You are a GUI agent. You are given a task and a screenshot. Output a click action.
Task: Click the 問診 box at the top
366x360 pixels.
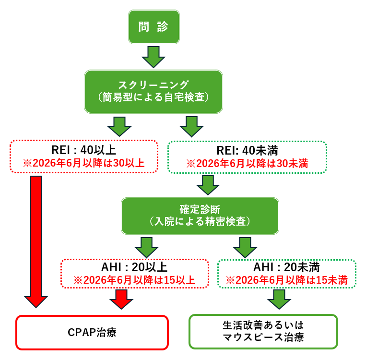(153, 26)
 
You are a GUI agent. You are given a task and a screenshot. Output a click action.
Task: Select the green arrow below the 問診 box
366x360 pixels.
(153, 57)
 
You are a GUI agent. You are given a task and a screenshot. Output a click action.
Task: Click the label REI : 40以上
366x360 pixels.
(84, 150)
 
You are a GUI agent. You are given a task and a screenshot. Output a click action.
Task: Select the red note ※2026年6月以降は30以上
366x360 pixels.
(84, 163)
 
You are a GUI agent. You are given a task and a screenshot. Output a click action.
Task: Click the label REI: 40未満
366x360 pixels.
(248, 150)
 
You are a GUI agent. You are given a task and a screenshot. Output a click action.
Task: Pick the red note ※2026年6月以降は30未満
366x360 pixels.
(248, 163)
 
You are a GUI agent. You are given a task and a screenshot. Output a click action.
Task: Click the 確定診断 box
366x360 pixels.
(200, 209)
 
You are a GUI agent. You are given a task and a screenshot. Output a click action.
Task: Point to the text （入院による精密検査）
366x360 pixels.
(200, 221)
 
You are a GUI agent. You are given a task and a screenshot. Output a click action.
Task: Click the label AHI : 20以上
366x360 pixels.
(135, 267)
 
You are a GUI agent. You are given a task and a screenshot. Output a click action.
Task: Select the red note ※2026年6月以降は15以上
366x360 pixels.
(135, 280)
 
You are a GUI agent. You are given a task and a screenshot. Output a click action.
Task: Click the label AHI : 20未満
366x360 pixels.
(287, 267)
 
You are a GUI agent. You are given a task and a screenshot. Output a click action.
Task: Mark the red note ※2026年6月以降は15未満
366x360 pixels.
(287, 280)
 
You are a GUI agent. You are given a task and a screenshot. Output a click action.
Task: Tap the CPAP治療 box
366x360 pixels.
(92, 332)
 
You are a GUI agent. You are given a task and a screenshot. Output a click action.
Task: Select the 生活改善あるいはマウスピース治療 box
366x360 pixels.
(263, 331)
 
